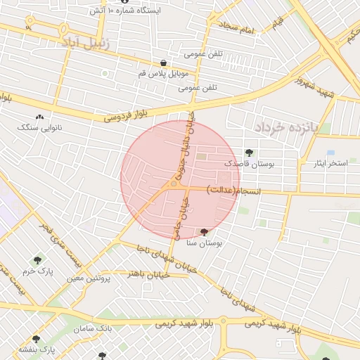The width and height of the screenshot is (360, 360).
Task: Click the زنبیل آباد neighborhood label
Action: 86,44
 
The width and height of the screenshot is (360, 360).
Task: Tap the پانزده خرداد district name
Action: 286,127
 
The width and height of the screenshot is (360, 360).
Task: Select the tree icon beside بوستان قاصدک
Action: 249,152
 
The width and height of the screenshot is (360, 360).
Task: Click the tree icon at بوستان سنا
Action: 205,231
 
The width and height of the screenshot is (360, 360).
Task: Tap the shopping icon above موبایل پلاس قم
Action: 164,63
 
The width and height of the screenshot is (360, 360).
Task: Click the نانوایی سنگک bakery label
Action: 39,128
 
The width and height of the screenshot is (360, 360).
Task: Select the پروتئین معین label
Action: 89,279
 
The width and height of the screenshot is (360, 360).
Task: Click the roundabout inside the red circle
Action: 174,184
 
